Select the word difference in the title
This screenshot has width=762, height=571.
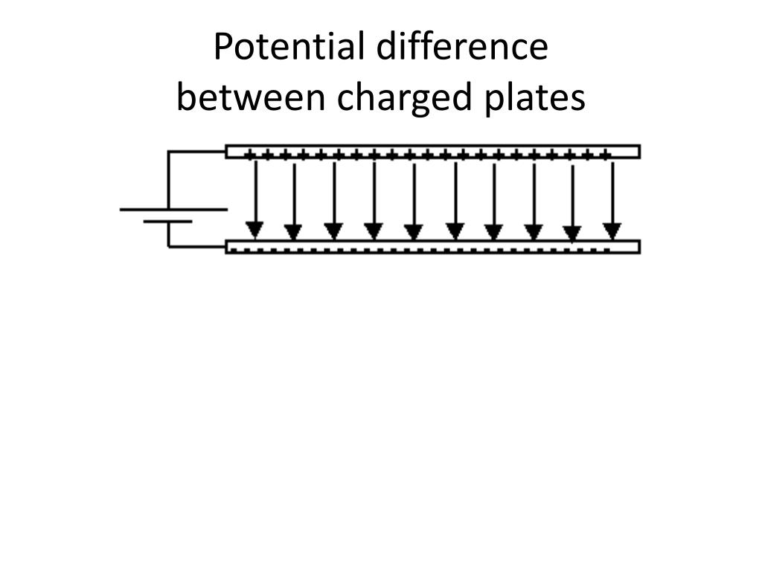[x=461, y=48]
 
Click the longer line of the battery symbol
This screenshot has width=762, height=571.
[x=173, y=210]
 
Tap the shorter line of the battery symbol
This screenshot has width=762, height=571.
[x=168, y=222]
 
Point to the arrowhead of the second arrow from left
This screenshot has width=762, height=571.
[x=293, y=231]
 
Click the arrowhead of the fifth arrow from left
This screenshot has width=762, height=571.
[x=414, y=231]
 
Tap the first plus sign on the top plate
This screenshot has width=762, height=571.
[x=250, y=155]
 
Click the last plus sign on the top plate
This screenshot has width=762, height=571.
[x=606, y=155]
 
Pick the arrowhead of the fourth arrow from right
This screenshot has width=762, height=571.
[x=494, y=231]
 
